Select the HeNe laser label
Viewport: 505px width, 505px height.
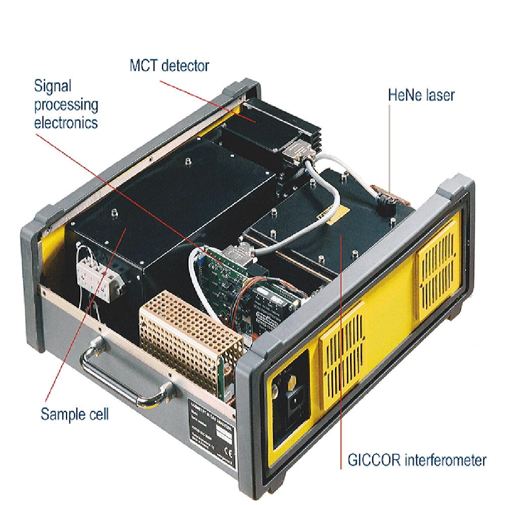421,94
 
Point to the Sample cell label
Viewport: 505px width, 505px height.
74,414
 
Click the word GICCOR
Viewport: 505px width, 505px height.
373,461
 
